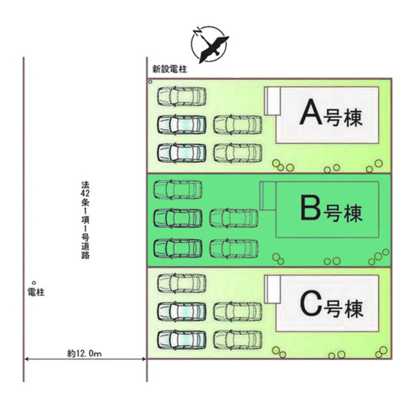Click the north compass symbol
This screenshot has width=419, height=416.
(209, 45)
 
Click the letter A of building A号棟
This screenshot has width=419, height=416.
(311, 112)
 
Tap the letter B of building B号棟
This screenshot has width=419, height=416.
(311, 208)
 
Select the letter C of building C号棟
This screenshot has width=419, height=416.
(311, 304)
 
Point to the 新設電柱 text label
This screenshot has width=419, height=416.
(170, 69)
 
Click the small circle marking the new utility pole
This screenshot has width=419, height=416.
(150, 82)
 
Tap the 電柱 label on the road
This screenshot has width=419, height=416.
(36, 292)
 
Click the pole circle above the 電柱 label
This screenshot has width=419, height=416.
(34, 283)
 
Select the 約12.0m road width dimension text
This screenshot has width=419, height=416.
(84, 354)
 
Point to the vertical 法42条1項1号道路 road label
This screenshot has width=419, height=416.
(85, 220)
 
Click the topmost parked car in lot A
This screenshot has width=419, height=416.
(182, 97)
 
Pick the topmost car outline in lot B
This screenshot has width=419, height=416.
(178, 190)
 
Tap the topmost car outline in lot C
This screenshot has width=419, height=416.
(182, 283)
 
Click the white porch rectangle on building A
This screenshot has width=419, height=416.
(272, 101)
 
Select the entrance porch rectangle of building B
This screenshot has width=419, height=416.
(268, 196)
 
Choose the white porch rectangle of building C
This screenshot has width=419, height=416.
(272, 289)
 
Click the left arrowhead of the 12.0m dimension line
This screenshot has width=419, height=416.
(25, 359)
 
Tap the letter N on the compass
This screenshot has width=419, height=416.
(198, 32)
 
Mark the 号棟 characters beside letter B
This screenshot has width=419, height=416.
(343, 213)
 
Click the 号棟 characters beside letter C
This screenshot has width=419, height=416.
(344, 309)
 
